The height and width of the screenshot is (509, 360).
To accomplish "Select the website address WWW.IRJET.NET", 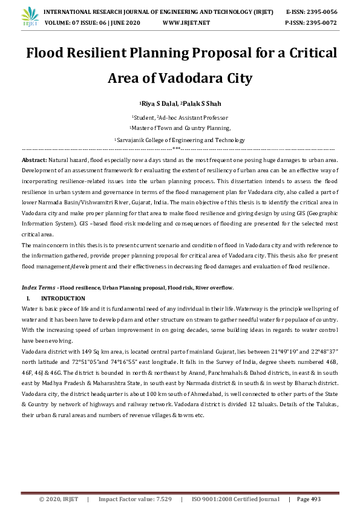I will [186, 22].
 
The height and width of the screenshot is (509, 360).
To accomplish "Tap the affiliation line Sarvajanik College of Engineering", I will [180, 139].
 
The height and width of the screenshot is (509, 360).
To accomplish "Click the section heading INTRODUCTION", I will [63, 299].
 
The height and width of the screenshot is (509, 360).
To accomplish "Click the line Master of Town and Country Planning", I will [180, 128].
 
